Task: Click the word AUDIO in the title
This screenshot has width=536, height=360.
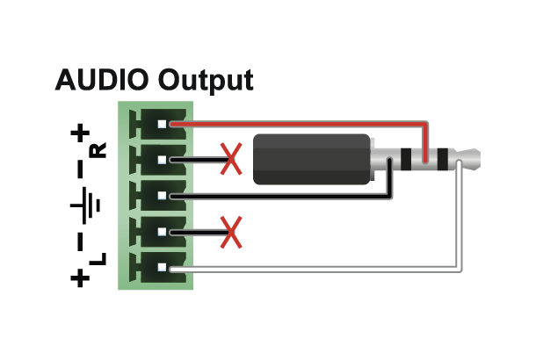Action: click(x=103, y=81)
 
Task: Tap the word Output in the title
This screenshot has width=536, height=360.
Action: click(x=206, y=82)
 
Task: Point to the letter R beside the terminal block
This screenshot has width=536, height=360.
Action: click(x=98, y=150)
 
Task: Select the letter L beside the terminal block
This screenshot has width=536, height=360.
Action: click(x=98, y=259)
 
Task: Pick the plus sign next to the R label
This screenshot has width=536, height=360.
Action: click(x=81, y=133)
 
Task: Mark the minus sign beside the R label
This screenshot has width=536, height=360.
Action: click(x=81, y=166)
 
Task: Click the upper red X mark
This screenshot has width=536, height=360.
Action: click(x=231, y=160)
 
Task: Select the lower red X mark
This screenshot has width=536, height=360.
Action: click(x=231, y=233)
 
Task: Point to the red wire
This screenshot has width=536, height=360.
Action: click(x=299, y=124)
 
